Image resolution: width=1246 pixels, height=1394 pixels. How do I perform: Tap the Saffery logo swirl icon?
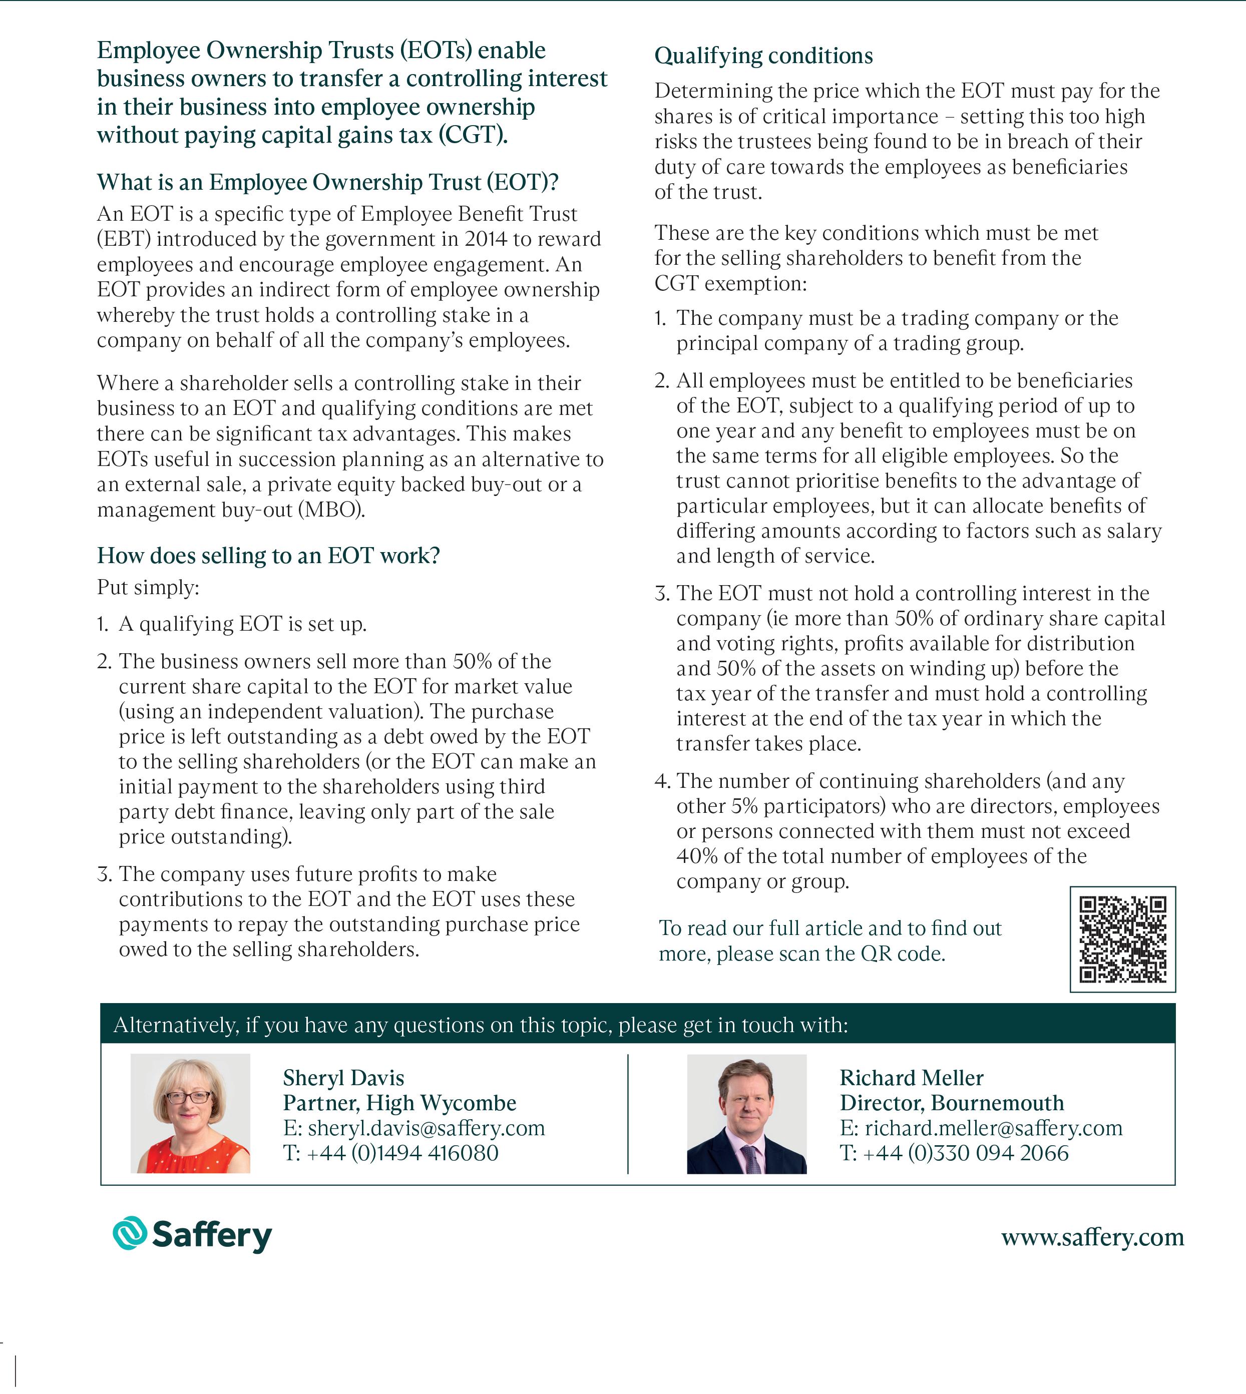point(129,1233)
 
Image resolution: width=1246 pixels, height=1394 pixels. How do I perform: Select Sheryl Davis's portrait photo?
point(190,1113)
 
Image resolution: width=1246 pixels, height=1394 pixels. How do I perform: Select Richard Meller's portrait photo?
point(746,1113)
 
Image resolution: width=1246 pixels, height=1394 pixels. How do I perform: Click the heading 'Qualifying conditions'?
point(763,56)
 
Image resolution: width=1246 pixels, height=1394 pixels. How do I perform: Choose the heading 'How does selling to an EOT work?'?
point(268,555)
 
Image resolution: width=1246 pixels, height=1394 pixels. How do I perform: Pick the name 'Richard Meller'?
point(911,1078)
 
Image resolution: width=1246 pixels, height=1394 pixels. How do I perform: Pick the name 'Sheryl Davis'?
point(344,1078)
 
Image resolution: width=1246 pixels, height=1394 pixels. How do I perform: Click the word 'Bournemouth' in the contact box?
point(998,1103)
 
